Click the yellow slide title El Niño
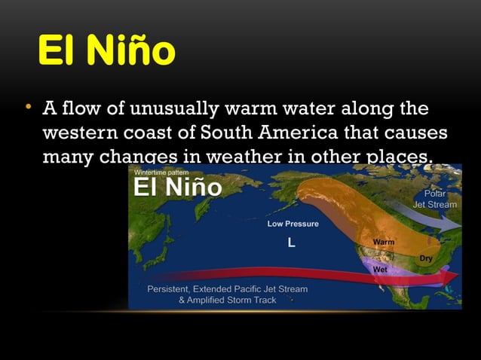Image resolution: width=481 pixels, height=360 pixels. click(106, 51)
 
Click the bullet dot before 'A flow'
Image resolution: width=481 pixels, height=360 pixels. click(27, 107)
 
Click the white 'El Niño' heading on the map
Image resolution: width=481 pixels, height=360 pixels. click(177, 188)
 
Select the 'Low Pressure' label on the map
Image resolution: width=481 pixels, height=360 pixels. click(293, 224)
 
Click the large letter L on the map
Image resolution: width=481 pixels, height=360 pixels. click(291, 243)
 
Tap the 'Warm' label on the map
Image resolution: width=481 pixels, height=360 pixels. click(384, 242)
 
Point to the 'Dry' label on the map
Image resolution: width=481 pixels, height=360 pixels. click(426, 258)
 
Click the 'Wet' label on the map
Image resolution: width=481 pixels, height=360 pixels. click(380, 269)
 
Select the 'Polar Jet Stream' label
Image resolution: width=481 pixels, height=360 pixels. click(435, 199)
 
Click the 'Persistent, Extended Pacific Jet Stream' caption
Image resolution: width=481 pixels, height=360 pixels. click(227, 289)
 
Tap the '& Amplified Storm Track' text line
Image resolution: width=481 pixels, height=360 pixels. click(227, 300)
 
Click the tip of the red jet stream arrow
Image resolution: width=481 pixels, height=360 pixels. click(456, 277)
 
